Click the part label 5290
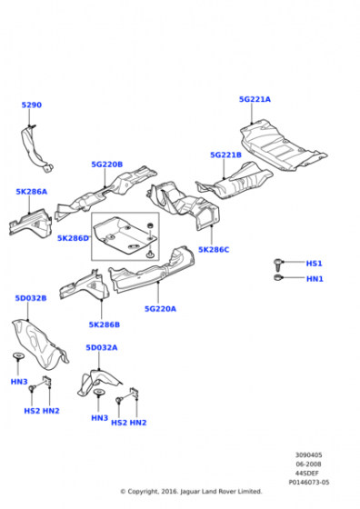pos(32,105)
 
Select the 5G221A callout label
pos(255,99)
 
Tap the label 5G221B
pos(226,155)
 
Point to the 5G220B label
pos(107,165)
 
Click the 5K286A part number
pos(32,192)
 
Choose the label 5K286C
pos(214,250)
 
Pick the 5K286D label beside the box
pos(73,238)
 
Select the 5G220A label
pos(160,309)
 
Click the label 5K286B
pos(105,324)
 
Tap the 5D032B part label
pos(31,298)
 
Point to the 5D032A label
pos(102,347)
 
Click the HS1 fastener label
pos(315,264)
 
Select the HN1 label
pos(315,278)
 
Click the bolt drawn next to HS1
pos(278,264)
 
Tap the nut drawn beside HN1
pos(278,278)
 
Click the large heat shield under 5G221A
pos(283,145)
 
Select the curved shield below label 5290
pos(35,149)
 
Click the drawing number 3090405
pos(308,455)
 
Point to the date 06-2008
pos(308,464)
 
